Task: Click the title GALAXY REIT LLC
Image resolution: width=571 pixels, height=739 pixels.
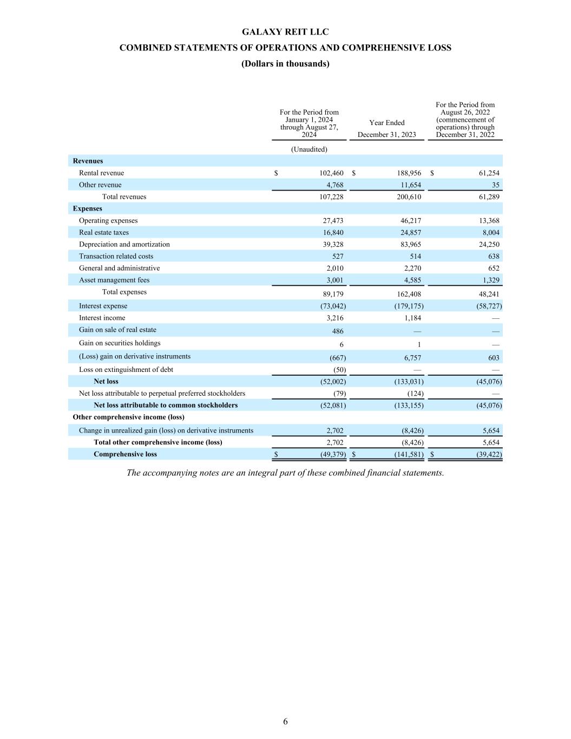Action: point(285,32)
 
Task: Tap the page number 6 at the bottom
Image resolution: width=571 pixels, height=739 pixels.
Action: point(285,721)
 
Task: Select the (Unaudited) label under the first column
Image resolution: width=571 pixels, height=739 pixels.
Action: point(309,149)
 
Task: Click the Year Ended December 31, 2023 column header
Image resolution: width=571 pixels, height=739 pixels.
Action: point(386,128)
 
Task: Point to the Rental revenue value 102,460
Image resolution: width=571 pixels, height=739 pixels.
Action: point(331,173)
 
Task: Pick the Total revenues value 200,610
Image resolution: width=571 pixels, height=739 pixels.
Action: point(409,197)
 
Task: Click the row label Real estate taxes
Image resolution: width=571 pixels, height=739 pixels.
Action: point(104,233)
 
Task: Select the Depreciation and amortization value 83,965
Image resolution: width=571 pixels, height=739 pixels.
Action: point(409,245)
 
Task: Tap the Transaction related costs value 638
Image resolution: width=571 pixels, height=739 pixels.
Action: point(493,257)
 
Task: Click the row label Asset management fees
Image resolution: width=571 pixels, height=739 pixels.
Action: point(114,280)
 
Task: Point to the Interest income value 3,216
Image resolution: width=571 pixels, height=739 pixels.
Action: point(333,318)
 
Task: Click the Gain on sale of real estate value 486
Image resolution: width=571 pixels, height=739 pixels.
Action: point(337,331)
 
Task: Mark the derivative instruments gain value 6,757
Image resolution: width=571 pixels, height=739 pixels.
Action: point(412,358)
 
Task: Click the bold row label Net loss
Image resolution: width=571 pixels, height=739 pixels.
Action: point(106,382)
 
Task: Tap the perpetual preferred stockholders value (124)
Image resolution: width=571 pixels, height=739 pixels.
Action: point(415,394)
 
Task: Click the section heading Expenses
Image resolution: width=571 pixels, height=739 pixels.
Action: point(88,209)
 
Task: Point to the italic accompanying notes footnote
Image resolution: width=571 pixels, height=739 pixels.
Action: point(285,473)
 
